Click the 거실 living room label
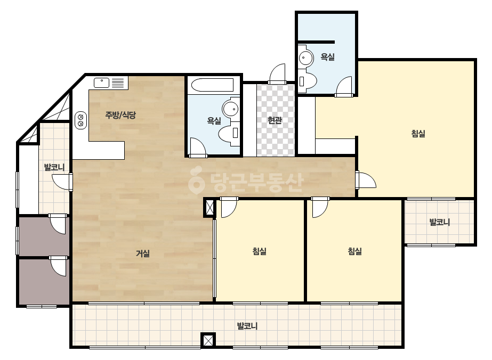coord(142,253)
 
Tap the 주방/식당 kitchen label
coord(120,115)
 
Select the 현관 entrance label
coord(275,120)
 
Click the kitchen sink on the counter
coord(101,83)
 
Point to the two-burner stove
coord(80,120)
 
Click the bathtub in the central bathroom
coord(213,85)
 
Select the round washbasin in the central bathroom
coord(231,109)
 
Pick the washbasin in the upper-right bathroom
coord(305,58)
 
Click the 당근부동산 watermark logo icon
coord(196,181)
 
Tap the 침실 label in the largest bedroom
coord(418,134)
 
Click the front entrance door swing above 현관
coord(278,74)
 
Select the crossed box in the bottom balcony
coord(208,340)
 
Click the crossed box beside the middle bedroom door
coord(209,207)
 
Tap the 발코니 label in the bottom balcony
coord(247,326)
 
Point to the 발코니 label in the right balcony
coord(439,222)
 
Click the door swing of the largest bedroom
coord(366,180)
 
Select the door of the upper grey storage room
coord(58,224)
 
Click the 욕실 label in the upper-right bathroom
coord(327,57)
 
